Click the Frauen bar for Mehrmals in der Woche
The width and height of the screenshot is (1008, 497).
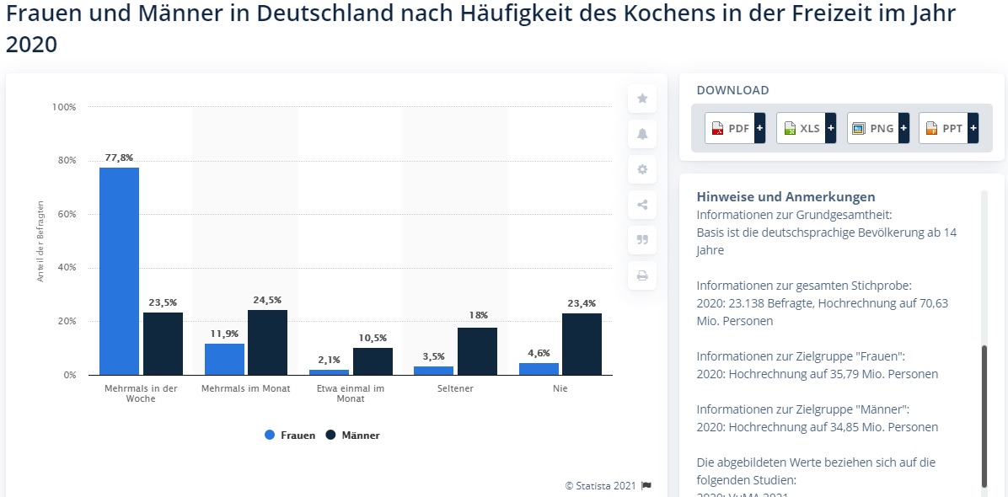pyautogui.click(x=119, y=270)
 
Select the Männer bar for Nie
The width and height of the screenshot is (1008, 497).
pyautogui.click(x=582, y=344)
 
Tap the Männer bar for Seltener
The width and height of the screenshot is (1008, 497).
pyautogui.click(x=477, y=351)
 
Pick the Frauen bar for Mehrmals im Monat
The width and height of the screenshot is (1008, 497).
pyautogui.click(x=224, y=359)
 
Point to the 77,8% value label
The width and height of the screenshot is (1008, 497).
pyautogui.click(x=119, y=158)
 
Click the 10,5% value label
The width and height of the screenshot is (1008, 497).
pyautogui.click(x=373, y=338)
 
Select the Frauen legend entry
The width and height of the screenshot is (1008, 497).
pyautogui.click(x=290, y=436)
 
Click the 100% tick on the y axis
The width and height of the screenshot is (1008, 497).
pyautogui.click(x=64, y=107)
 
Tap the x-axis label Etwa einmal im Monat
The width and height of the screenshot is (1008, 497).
pyautogui.click(x=351, y=393)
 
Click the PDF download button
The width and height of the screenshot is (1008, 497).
pyautogui.click(x=735, y=128)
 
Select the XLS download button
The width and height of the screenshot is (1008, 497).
pyautogui.click(x=806, y=128)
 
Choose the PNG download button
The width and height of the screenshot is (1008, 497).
pyautogui.click(x=877, y=128)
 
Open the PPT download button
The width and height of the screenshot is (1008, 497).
pyautogui.click(x=948, y=128)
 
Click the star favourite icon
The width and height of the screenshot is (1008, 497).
pyautogui.click(x=642, y=99)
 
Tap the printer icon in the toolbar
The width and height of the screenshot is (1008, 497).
pyautogui.click(x=642, y=275)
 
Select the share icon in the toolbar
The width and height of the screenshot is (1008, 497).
pyautogui.click(x=642, y=205)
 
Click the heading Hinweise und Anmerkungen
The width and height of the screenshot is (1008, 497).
pyautogui.click(x=785, y=197)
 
